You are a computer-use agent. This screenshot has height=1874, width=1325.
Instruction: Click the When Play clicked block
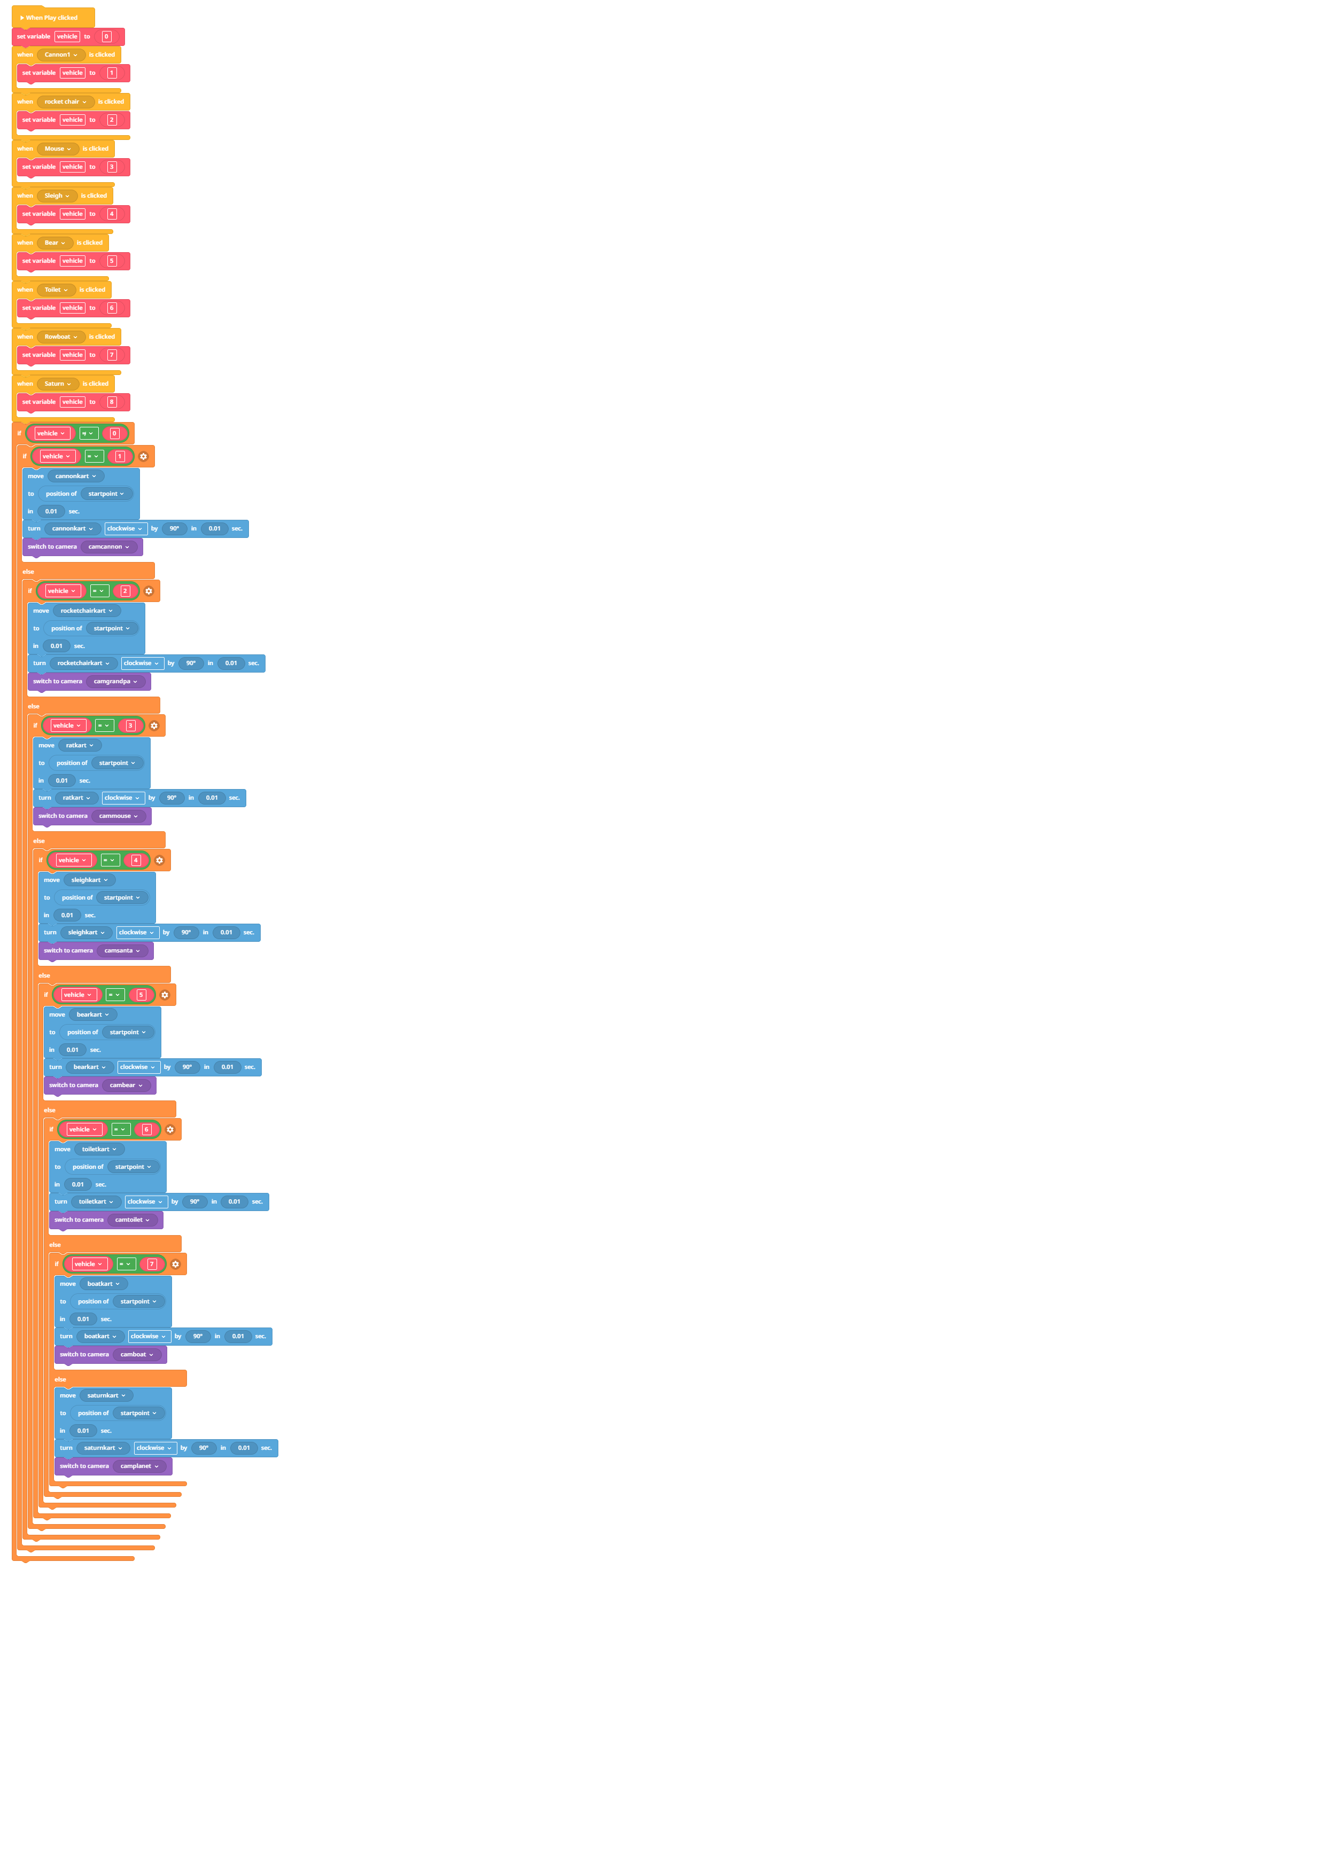coord(52,17)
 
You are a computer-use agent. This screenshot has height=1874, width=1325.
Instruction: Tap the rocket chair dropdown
coord(65,102)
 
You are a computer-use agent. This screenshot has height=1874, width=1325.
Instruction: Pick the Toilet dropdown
coord(56,290)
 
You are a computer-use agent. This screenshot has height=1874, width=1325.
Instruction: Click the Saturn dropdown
coord(58,384)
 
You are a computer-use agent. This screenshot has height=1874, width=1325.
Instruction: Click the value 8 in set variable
coord(112,402)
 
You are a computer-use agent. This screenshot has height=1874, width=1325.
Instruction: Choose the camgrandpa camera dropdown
coord(116,682)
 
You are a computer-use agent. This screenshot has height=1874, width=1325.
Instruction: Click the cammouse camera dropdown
coord(119,816)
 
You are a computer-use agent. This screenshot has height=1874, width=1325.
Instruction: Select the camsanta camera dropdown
coord(122,951)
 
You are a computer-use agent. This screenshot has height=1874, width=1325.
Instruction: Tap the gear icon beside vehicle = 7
coord(176,1264)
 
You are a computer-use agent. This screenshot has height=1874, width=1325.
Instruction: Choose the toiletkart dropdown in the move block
coord(99,1149)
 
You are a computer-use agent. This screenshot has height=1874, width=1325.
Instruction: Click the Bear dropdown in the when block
coord(54,243)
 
